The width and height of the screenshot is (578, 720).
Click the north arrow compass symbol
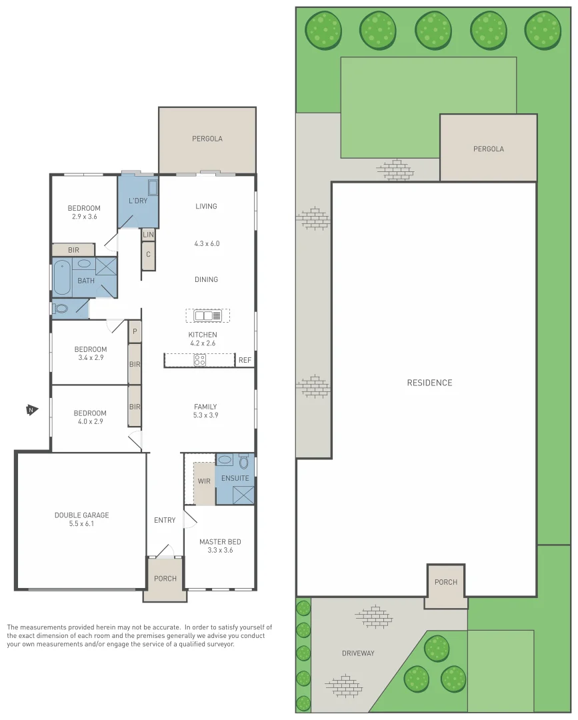(x=30, y=410)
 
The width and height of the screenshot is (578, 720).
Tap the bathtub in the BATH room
(x=61, y=277)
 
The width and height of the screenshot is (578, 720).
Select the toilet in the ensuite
(x=243, y=461)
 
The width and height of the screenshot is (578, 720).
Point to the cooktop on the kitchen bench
(x=199, y=360)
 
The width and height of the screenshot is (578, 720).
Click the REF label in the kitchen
(x=245, y=361)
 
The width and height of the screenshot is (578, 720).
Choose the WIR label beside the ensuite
(x=203, y=481)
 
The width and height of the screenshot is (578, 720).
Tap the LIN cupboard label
(x=148, y=235)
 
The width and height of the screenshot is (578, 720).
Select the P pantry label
(x=135, y=331)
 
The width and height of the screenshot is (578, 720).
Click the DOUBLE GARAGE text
(x=81, y=515)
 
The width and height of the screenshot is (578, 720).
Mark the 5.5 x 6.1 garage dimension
(x=81, y=524)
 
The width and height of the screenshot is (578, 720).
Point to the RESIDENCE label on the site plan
(x=429, y=383)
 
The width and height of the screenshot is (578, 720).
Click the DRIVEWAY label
(x=358, y=653)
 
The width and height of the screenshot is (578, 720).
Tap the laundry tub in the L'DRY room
(x=152, y=187)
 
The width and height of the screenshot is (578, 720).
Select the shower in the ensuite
(x=243, y=494)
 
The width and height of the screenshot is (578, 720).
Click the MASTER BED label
(x=220, y=542)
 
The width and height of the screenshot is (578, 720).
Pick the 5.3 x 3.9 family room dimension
(x=205, y=415)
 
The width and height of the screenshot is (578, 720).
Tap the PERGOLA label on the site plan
(x=488, y=149)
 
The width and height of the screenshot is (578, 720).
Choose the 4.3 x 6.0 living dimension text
(x=206, y=244)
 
